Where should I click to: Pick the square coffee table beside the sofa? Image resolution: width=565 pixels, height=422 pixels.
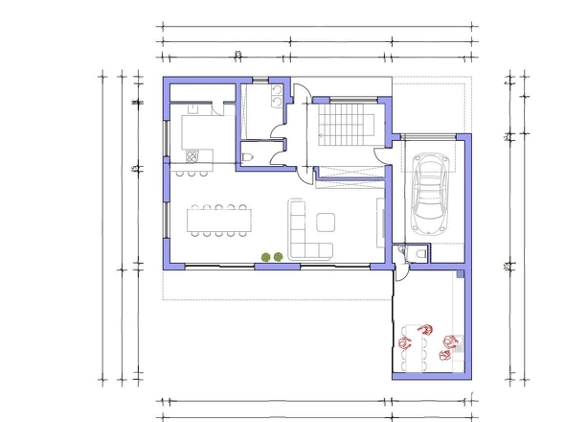tap(326, 222)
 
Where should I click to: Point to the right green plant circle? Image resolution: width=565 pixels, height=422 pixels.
tap(279, 256)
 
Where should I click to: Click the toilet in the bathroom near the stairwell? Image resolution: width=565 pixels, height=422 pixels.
tap(248, 156)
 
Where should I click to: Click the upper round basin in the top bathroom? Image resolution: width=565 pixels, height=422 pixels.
tap(277, 93)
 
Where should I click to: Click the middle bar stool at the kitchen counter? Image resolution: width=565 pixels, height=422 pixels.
tap(191, 173)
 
